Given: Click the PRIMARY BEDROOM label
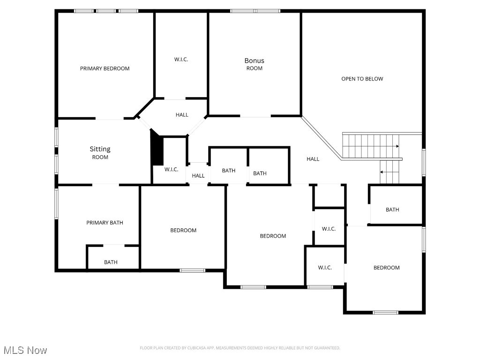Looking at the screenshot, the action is click(105, 68).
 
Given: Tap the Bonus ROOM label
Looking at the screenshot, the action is click(255, 64).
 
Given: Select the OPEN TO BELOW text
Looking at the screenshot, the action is click(362, 79).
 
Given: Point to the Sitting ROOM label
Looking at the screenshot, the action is click(100, 152).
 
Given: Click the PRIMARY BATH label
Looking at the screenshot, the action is click(105, 223).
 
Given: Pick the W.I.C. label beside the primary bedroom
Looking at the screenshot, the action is click(181, 60).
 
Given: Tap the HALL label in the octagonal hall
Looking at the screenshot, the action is click(182, 115).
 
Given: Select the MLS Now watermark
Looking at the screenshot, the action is click(25, 350).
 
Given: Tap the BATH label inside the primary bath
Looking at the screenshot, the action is click(111, 262).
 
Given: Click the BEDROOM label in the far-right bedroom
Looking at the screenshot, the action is click(386, 268).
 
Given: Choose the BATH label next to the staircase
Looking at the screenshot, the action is click(392, 210).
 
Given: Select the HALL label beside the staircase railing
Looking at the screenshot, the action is click(313, 159).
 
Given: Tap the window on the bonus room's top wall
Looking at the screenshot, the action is click(255, 11).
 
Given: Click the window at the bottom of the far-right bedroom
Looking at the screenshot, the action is click(385, 313).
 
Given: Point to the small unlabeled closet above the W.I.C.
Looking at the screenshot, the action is click(330, 195).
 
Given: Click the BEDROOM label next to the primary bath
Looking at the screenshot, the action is click(183, 230).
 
